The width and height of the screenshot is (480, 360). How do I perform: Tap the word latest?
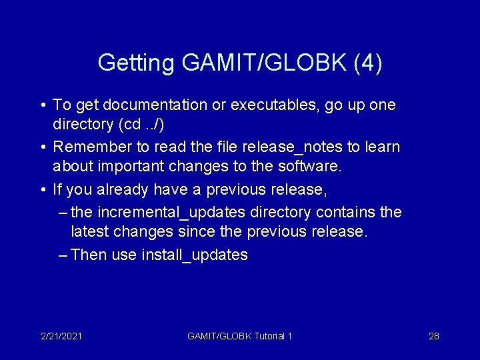[x=91, y=232]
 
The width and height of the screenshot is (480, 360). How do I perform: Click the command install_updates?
[x=195, y=255]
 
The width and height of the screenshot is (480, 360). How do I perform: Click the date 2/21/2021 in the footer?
[x=61, y=336]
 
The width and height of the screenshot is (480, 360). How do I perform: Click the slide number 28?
[x=433, y=336]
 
